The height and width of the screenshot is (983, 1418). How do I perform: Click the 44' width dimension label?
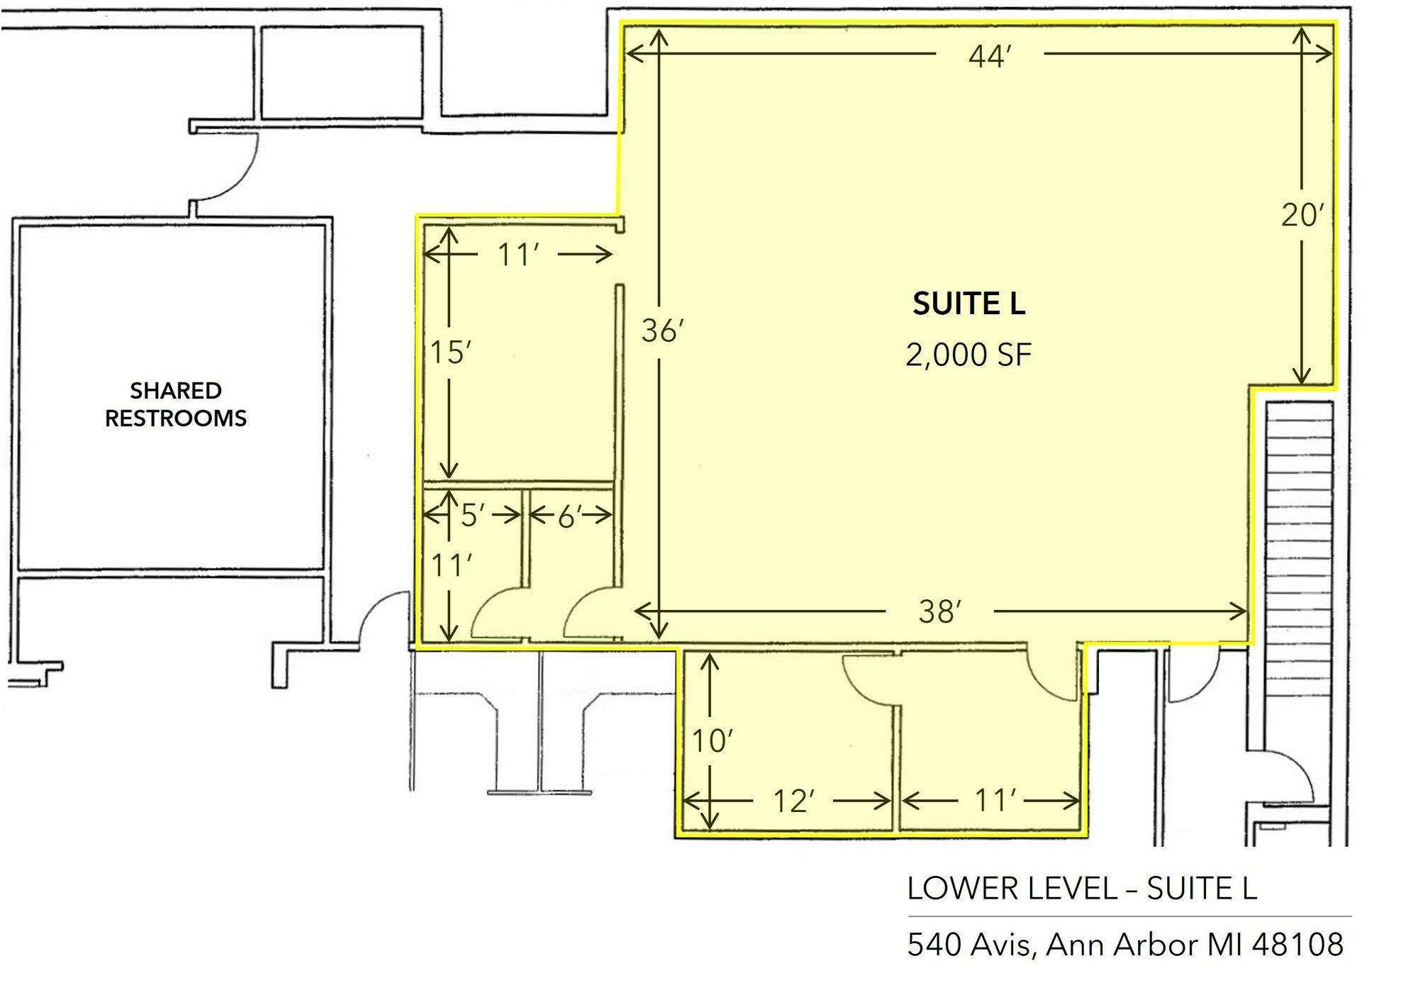tap(989, 55)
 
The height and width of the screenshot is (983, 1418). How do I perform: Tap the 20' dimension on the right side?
tap(1302, 215)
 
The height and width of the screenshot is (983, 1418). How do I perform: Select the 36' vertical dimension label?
tap(662, 331)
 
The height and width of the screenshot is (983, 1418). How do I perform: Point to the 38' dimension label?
tap(940, 611)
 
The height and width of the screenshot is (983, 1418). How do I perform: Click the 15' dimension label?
tap(451, 352)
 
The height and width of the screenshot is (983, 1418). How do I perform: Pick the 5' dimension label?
tap(471, 516)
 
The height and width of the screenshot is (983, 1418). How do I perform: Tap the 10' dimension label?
tap(712, 741)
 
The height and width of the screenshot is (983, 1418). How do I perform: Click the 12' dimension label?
tap(793, 801)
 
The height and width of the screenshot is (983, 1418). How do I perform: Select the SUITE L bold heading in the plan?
tap(968, 304)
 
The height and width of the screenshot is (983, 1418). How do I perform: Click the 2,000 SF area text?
tap(968, 355)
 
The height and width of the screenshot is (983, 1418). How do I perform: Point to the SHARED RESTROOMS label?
tap(176, 404)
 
